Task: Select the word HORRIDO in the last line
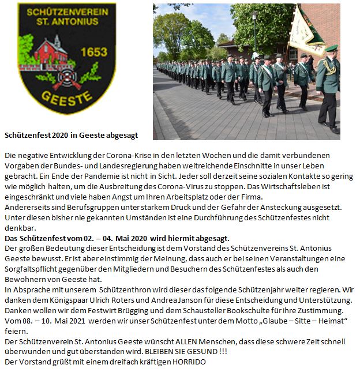185,362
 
